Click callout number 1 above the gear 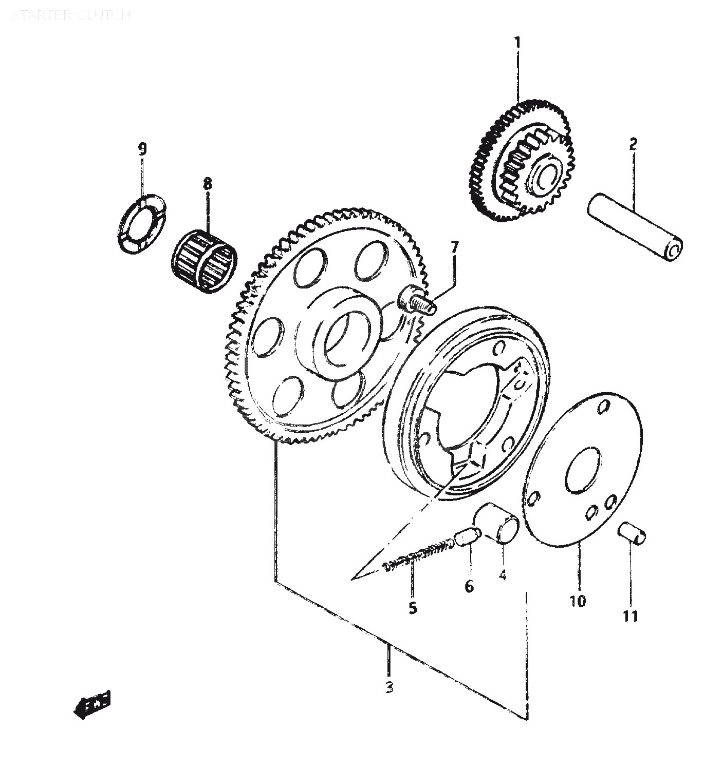tap(517, 43)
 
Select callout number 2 tap(633, 144)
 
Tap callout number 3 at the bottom tap(389, 687)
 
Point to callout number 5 tap(413, 608)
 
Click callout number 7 tap(454, 248)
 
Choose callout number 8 tap(207, 183)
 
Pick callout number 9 tap(142, 149)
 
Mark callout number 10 tap(578, 600)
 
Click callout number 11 tap(631, 616)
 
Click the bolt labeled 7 tap(417, 300)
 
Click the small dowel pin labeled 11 tap(632, 533)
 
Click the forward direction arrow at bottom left tap(92, 704)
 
